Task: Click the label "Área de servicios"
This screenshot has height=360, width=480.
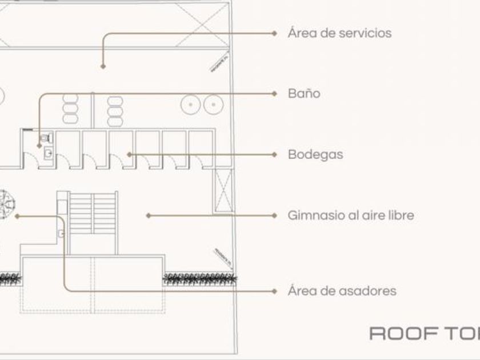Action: click(x=339, y=33)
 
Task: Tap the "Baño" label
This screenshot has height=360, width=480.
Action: click(x=304, y=94)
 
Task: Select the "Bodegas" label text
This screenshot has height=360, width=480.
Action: click(x=315, y=154)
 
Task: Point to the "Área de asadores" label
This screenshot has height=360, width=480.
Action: click(x=342, y=291)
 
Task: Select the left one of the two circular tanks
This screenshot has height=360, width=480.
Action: click(x=190, y=105)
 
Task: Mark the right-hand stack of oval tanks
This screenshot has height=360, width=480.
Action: click(x=115, y=111)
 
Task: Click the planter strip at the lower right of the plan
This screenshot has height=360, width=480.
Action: click(x=200, y=279)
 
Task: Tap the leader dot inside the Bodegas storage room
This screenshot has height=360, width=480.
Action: click(x=129, y=154)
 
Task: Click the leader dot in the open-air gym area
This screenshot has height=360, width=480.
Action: click(x=148, y=216)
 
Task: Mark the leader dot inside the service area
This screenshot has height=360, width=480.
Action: click(x=103, y=67)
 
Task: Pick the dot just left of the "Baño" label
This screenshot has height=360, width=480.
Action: click(x=275, y=94)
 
